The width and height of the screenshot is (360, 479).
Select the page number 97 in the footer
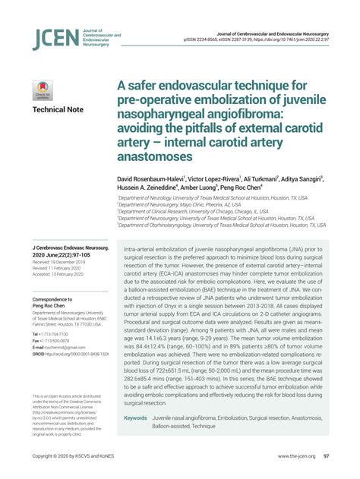coord(325,456)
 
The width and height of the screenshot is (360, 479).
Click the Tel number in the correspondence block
coord(49,334)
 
